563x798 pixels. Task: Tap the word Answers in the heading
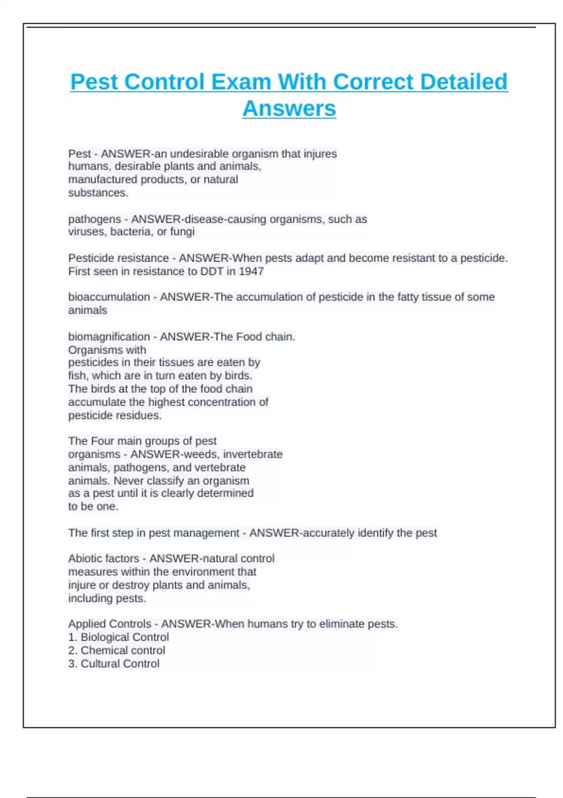(x=289, y=108)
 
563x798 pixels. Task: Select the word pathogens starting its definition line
(x=94, y=219)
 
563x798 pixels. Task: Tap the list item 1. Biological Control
(x=118, y=637)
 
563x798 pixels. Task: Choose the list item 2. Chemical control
(x=116, y=651)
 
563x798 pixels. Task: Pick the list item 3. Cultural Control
(x=114, y=664)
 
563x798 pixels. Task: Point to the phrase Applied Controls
(x=109, y=624)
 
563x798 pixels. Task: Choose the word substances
(x=98, y=193)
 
